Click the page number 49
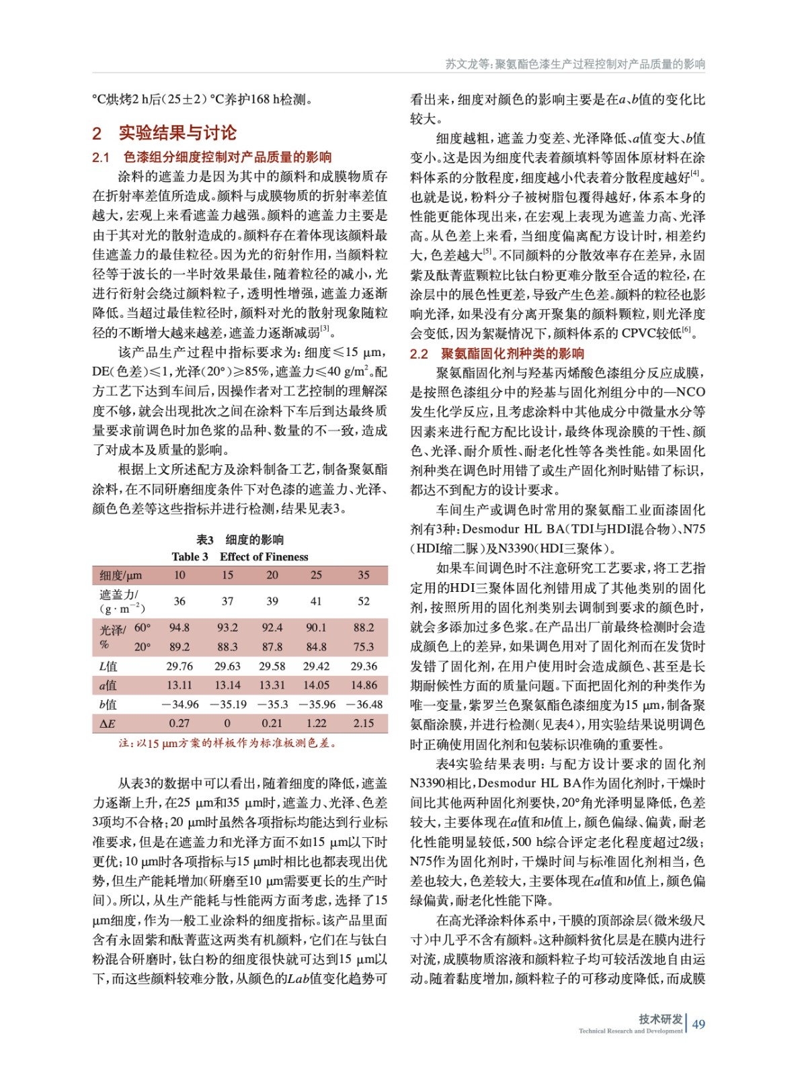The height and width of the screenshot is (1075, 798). tap(699, 1024)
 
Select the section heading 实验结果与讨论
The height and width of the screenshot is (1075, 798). tap(177, 132)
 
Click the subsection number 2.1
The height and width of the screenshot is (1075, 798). tap(101, 157)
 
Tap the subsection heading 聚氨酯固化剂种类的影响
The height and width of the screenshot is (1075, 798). tap(512, 353)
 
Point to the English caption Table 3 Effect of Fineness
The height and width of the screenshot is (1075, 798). tap(240, 556)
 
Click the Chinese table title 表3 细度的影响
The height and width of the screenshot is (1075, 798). tap(240, 540)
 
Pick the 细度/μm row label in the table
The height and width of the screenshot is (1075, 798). tap(121, 575)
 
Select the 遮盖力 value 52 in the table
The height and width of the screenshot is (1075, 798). tap(363, 601)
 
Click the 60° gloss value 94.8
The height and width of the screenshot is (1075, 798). tap(179, 628)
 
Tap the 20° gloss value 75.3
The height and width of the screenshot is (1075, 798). tap(363, 647)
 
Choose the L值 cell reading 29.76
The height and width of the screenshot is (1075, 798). tap(179, 666)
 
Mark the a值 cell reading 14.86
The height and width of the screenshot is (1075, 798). tap(363, 685)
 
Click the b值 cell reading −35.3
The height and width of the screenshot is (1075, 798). tap(272, 704)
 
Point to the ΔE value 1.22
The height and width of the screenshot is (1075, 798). tap(316, 724)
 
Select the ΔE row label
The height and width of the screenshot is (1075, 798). tap(108, 724)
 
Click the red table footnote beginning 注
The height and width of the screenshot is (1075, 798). tap(227, 743)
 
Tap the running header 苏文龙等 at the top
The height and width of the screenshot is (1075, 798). tap(469, 64)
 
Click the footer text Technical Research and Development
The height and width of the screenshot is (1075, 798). tap(630, 1031)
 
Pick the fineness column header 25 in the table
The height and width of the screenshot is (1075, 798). tap(316, 575)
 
